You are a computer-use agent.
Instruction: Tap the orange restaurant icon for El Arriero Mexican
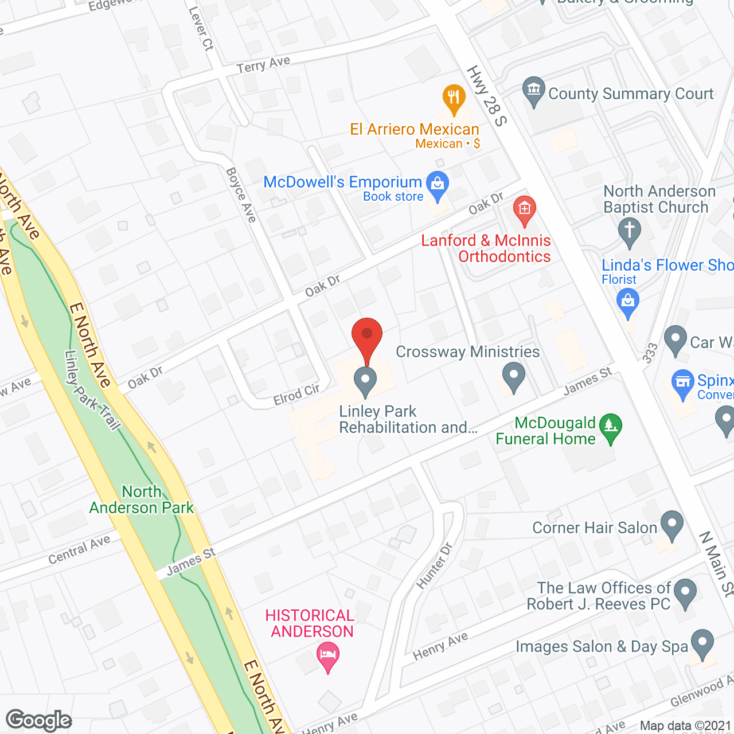click(x=454, y=99)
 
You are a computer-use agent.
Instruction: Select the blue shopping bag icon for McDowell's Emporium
click(x=438, y=185)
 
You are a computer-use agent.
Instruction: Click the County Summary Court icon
click(x=534, y=91)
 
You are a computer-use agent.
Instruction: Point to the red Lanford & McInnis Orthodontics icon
click(x=524, y=209)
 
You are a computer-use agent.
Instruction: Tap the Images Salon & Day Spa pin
click(x=702, y=643)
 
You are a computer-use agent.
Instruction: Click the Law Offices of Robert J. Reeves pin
click(x=685, y=593)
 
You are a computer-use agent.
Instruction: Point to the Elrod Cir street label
click(x=296, y=395)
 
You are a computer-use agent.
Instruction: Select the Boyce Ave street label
click(x=241, y=195)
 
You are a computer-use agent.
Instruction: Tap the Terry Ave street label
click(x=263, y=65)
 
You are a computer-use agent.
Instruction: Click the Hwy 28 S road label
click(x=487, y=96)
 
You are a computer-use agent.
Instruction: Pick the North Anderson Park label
click(x=142, y=499)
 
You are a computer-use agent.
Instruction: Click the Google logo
click(x=39, y=720)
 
